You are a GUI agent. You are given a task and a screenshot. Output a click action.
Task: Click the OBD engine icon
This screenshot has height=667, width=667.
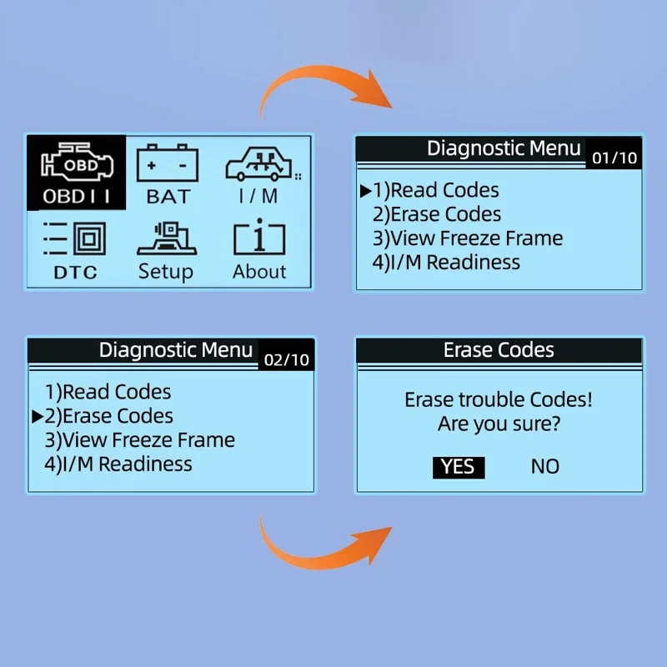77,161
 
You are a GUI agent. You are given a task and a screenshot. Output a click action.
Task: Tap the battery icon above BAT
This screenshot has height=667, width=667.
168,163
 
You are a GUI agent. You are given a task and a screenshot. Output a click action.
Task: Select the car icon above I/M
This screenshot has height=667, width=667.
258,165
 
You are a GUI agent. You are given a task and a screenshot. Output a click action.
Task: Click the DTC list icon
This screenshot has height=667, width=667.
74,238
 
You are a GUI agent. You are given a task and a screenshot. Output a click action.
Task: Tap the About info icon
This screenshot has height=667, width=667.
259,237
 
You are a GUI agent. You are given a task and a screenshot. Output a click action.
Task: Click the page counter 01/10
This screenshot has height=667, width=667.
614,158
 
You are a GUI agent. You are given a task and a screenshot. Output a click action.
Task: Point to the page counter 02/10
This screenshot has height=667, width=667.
286,360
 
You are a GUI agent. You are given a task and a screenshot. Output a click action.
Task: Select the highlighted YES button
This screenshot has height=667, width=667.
459,467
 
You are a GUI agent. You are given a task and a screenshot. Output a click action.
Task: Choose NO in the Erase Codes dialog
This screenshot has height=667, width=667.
545,467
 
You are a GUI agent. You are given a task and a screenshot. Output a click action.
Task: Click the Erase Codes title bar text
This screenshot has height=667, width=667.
499,350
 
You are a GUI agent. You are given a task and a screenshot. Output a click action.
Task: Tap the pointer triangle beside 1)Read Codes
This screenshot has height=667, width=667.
365,191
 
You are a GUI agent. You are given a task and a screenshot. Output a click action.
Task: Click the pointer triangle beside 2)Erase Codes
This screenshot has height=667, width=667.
38,416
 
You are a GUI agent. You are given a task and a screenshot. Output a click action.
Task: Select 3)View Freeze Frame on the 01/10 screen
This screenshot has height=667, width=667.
468,238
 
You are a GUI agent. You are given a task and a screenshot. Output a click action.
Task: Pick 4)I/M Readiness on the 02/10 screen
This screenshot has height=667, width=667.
118,464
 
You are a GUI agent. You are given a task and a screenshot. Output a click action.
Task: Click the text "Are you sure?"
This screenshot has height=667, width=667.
499,424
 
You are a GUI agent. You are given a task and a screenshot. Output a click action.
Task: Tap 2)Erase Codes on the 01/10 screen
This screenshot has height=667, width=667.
437,214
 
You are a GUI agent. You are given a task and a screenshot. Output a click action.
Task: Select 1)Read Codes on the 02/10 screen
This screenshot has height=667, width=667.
108,392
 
